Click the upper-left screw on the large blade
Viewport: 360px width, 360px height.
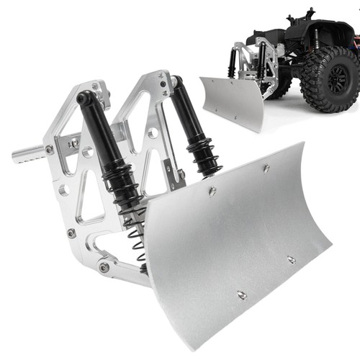(212, 191)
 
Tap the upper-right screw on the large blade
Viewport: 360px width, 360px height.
(266, 168)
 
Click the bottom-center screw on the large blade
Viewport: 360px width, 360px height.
(241, 294)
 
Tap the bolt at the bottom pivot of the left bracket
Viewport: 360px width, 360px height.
(105, 267)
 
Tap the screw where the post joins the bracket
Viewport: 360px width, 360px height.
(49, 150)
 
